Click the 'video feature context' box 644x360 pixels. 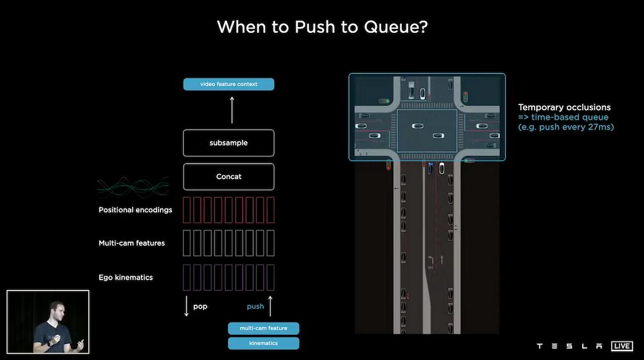click(229, 84)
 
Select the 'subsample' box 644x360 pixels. click(229, 143)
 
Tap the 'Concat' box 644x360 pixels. click(229, 176)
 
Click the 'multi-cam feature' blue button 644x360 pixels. click(263, 328)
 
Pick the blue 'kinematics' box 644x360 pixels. click(263, 343)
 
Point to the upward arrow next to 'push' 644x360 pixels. click(270, 307)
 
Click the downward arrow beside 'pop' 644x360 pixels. click(187, 307)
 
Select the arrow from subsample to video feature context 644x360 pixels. click(232, 110)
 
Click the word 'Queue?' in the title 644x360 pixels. click(396, 27)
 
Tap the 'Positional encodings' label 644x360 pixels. click(135, 210)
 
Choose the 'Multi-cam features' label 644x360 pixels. click(131, 243)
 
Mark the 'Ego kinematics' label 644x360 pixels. click(126, 278)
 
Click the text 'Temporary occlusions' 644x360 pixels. click(564, 108)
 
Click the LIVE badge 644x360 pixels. click(622, 346)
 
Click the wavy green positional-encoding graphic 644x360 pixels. click(133, 187)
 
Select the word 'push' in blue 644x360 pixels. click(255, 307)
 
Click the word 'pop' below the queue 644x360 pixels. click(200, 307)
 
